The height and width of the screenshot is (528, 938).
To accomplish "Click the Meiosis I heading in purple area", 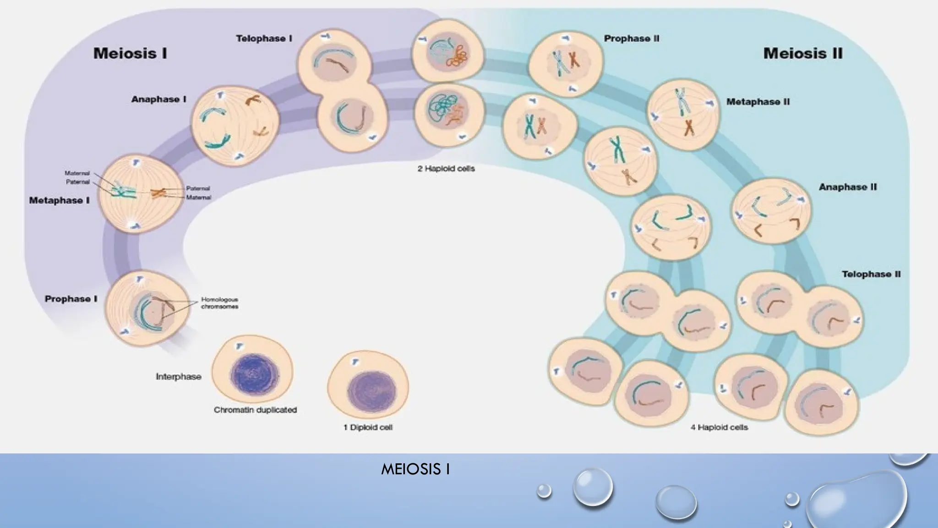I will tap(130, 54).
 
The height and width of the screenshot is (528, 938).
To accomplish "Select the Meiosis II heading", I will tap(802, 54).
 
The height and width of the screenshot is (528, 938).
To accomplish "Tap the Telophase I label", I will tap(264, 39).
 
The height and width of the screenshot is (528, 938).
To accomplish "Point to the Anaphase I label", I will tap(158, 99).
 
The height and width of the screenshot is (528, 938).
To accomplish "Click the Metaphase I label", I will tap(59, 201).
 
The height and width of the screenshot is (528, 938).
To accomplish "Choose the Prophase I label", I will tap(71, 299).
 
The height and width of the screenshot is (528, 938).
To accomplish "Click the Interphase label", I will tap(178, 377).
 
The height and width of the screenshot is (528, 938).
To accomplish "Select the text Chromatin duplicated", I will tap(255, 410).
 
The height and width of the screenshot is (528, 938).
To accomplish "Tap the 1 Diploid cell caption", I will tap(368, 428).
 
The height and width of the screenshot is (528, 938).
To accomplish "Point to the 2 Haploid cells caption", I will tap(446, 169).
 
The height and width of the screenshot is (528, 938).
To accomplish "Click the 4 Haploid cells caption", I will tap(719, 428).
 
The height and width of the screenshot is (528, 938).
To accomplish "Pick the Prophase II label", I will tap(631, 39).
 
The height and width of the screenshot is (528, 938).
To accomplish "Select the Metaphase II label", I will tap(758, 102).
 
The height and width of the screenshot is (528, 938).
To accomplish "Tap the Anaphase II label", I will tap(847, 187).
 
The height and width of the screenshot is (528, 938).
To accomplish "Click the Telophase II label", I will tap(871, 275).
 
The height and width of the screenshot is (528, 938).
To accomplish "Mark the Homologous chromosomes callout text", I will tap(219, 303).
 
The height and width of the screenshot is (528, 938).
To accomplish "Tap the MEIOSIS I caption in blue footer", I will tap(415, 469).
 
